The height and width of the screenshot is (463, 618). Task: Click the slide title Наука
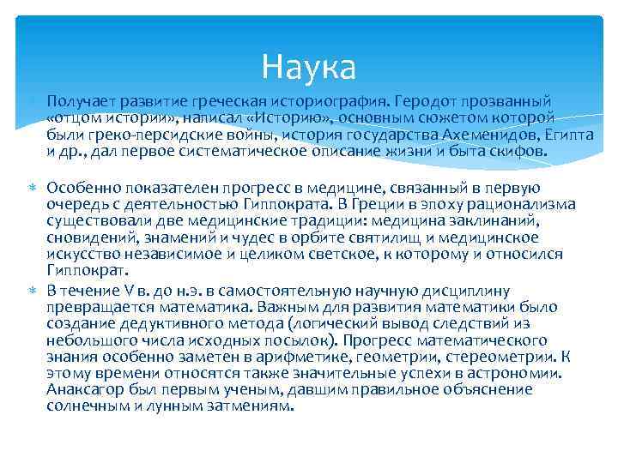tap(309, 64)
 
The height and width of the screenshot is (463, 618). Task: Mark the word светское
tap(296, 254)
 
